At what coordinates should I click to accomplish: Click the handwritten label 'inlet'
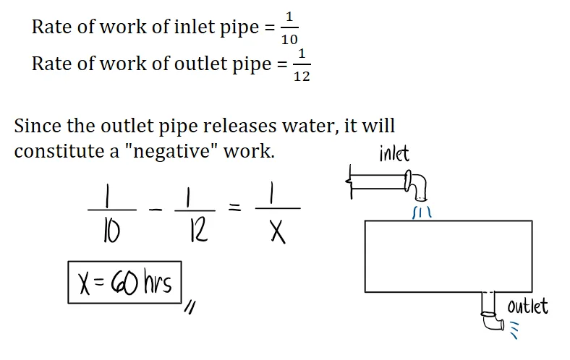click(x=394, y=153)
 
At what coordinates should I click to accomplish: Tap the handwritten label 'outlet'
click(x=527, y=306)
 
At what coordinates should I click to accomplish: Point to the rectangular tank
click(x=448, y=257)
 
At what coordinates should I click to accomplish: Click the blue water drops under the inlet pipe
click(x=421, y=213)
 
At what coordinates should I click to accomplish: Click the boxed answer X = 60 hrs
click(x=124, y=282)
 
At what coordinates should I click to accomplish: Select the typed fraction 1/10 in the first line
click(x=289, y=27)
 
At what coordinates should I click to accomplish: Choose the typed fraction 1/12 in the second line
click(x=302, y=64)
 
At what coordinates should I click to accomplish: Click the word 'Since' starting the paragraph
click(x=37, y=126)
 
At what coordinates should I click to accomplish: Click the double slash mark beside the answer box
click(x=191, y=309)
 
